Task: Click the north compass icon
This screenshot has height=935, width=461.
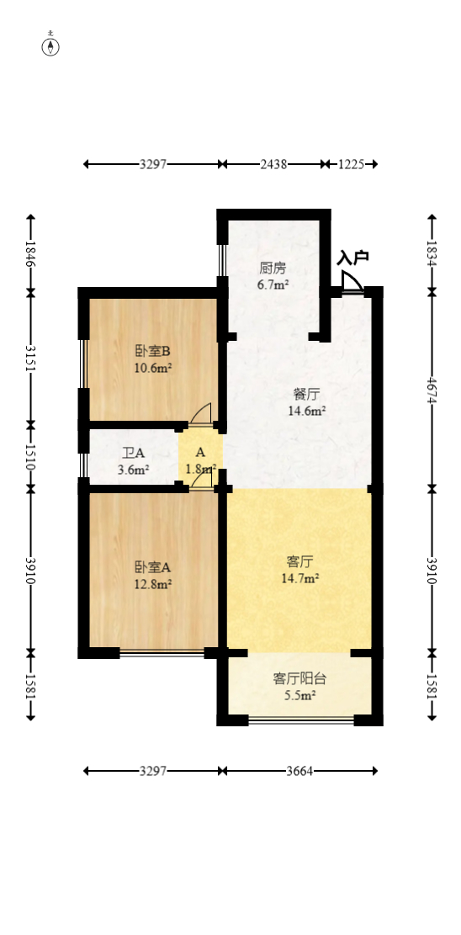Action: point(52,45)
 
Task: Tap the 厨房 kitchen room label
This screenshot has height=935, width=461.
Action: point(273,268)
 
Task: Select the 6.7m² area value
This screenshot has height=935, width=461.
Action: point(273,284)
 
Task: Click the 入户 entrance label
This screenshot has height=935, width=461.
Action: point(353,258)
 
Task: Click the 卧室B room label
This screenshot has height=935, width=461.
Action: point(153,351)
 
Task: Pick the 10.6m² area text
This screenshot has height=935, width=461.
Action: point(153,367)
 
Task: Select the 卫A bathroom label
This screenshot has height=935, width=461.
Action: point(133,454)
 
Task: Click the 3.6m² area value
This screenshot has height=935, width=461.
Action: point(133,470)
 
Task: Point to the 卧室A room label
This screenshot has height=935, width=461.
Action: point(153,567)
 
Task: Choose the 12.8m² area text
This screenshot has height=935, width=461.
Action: point(153,583)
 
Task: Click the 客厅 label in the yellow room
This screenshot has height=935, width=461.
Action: point(299,561)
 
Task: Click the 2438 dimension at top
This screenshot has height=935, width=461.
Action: point(273,164)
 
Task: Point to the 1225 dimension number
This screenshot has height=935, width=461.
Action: point(351,164)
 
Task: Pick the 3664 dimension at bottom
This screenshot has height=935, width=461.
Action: point(299,770)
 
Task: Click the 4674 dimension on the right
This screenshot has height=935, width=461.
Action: point(432,389)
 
